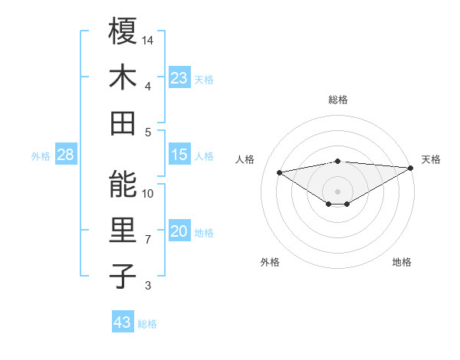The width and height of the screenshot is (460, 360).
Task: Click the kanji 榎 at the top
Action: pos(123,31)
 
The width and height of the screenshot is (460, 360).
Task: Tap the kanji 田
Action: pos(123,123)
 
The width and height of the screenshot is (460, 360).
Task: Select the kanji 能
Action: pos(123,185)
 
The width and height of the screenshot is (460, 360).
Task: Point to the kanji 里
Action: pos(123,231)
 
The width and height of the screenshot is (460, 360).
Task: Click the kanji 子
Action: pos(123,277)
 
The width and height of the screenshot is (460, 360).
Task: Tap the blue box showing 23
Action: pos(179,77)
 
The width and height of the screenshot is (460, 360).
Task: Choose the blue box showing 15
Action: pos(179,155)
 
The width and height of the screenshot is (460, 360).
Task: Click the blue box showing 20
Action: pos(179,231)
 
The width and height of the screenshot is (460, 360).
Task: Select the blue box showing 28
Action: pos(65,155)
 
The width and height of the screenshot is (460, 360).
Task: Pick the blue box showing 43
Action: pos(123,322)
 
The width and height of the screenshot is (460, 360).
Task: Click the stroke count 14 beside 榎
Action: pos(149,39)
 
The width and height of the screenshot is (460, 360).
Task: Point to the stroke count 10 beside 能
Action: pos(149,193)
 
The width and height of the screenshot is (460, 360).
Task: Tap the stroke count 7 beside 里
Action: pos(148,239)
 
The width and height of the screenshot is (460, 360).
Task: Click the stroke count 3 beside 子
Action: pos(148,286)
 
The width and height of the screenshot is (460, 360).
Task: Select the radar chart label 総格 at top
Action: pos(337,100)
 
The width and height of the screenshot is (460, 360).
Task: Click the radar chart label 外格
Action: pos(270,262)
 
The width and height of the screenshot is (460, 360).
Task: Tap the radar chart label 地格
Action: pos(402,262)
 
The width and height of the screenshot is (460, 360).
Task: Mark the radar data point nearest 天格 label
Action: pos(412,167)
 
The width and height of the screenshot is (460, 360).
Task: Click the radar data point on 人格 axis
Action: pos(280,172)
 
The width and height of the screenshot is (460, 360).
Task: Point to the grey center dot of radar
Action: pos(337,190)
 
